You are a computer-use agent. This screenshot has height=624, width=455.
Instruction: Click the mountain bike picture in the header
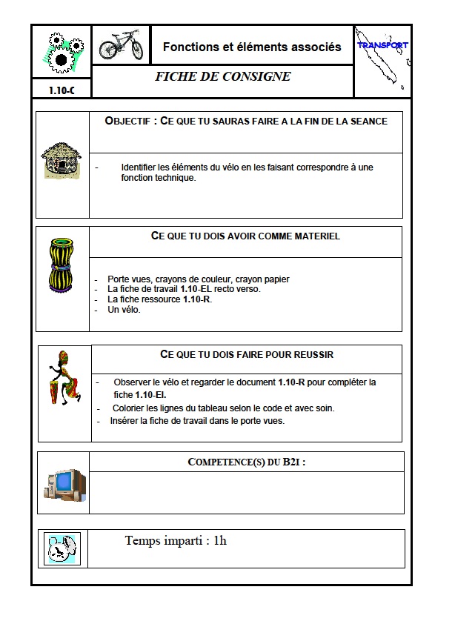click(121, 45)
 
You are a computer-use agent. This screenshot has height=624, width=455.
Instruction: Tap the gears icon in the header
click(61, 50)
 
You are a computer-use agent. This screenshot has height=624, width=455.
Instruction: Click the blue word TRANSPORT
click(382, 45)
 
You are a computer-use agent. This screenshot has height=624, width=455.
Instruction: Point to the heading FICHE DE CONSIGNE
click(222, 77)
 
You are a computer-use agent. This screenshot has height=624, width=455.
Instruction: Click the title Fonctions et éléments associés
click(252, 47)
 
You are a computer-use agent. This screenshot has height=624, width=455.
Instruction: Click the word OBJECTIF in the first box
click(130, 121)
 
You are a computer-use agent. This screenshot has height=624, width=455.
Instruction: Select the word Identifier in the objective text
click(140, 167)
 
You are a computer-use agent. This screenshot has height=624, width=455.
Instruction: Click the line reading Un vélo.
click(124, 310)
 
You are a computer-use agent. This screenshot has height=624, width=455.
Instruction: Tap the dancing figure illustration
click(64, 378)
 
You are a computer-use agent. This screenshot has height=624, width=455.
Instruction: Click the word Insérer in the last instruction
click(126, 420)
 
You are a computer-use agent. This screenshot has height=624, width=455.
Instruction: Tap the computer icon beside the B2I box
click(64, 483)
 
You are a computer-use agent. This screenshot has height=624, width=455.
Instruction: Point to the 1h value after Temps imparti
click(219, 540)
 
